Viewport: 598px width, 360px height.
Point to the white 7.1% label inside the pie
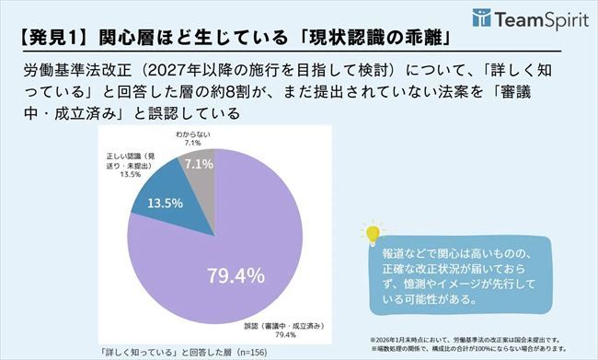(200, 163)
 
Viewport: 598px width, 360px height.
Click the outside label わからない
(195, 136)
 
